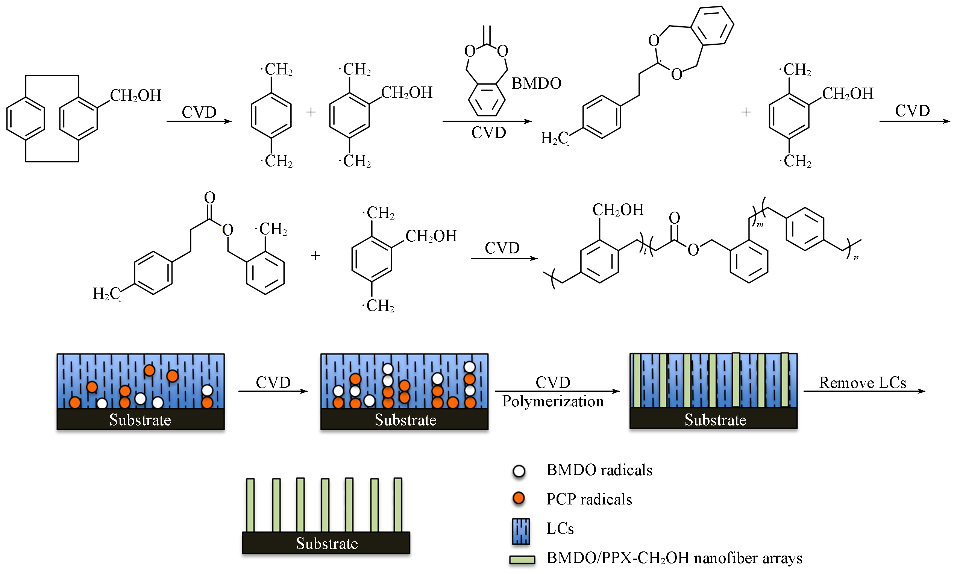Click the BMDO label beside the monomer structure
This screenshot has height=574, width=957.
[x=536, y=83]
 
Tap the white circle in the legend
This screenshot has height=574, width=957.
[x=519, y=471]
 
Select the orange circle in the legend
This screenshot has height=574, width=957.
[x=518, y=498]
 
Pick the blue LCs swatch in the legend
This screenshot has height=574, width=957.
[x=521, y=531]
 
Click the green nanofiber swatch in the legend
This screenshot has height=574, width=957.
[x=522, y=560]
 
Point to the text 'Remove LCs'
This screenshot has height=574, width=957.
[x=862, y=383]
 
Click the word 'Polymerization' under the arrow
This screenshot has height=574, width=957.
[x=552, y=401]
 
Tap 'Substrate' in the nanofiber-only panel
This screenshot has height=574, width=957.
[x=327, y=544]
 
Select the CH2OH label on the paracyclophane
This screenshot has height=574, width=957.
[x=135, y=95]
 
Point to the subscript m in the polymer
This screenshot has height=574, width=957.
[x=760, y=225]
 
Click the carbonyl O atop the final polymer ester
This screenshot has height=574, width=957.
[x=675, y=218]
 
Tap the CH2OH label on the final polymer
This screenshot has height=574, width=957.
[x=618, y=210]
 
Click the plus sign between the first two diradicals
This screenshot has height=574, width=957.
[x=311, y=112]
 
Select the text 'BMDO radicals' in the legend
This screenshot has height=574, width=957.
[x=599, y=470]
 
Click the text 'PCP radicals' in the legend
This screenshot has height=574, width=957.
[x=589, y=499]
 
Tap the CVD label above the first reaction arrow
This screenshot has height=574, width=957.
[x=199, y=112]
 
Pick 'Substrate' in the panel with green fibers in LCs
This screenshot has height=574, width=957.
[x=715, y=420]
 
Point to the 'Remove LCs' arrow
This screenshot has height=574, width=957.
[x=864, y=391]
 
